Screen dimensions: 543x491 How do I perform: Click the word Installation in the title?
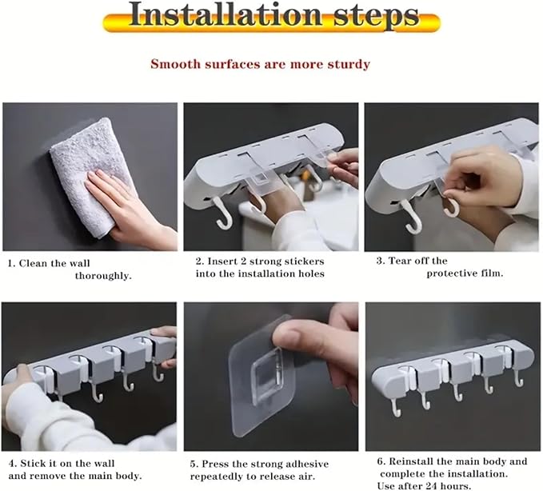point(226,14)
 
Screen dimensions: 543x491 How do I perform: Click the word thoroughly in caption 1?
point(103,276)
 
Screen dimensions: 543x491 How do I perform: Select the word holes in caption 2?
point(311,274)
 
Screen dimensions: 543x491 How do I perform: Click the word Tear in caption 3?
point(401,261)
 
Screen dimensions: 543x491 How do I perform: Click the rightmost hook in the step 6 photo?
point(518,378)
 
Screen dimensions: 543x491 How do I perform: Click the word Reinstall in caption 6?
point(411,461)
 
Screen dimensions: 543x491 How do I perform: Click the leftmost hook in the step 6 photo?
point(397,408)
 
